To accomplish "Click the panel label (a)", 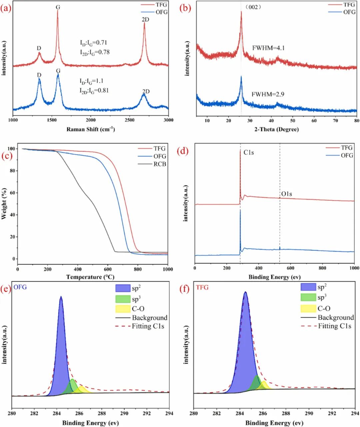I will [x=6, y=8].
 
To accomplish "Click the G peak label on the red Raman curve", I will [x=58, y=7].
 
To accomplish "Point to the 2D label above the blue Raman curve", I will [x=146, y=92].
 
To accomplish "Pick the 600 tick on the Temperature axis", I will [x=108, y=269].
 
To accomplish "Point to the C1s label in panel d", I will [x=248, y=153].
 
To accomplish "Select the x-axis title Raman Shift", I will [x=91, y=129].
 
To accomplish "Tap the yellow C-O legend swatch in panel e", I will [x=122, y=309].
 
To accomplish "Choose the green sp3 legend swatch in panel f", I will [x=308, y=297].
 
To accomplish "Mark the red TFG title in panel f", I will [x=202, y=287].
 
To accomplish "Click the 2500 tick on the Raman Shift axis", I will [x=130, y=120].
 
